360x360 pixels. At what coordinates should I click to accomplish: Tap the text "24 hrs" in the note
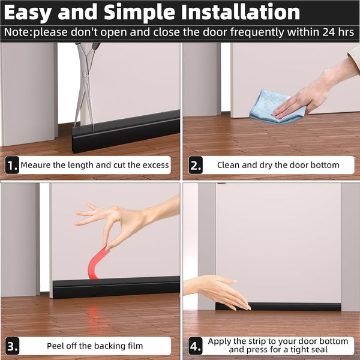(x=336, y=32)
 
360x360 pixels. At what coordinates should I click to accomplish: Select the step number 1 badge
(x=12, y=165)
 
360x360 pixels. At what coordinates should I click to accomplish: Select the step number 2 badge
(x=195, y=165)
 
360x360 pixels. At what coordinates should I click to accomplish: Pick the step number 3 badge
(x=12, y=346)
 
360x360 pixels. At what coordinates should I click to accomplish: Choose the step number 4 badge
(x=195, y=346)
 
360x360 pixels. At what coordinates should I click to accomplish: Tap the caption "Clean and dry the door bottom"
(x=278, y=165)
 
